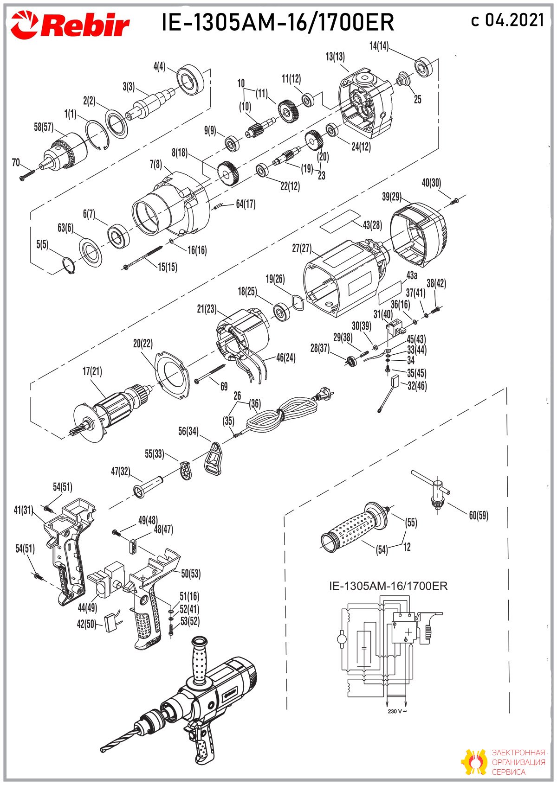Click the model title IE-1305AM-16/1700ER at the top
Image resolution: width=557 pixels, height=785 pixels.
click(278, 22)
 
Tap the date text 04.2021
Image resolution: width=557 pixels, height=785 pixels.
click(515, 19)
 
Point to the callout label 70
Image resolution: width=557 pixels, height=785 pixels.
click(16, 163)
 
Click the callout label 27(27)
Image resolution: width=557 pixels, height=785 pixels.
click(302, 248)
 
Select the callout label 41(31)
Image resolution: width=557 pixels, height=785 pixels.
click(23, 510)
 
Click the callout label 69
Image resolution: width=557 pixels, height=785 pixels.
click(224, 387)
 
